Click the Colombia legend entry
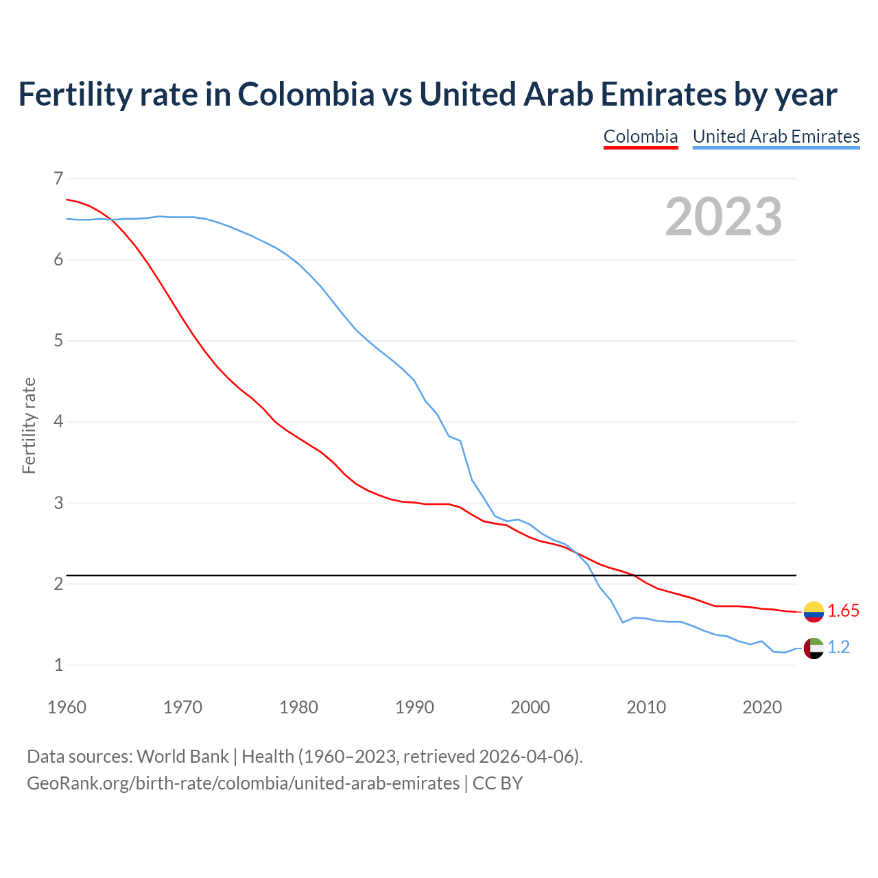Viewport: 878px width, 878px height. point(641,137)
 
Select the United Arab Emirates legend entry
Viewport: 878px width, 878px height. point(776,137)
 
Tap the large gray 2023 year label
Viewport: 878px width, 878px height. point(724,217)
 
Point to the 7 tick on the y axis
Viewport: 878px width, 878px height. point(58,179)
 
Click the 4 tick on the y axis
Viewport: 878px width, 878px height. point(58,422)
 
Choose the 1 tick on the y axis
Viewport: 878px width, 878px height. point(58,665)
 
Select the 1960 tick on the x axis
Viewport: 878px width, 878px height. point(67,707)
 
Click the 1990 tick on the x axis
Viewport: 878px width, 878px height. point(414,707)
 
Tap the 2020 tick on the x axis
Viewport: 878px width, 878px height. point(762,707)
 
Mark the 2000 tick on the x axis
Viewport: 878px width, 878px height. point(530,707)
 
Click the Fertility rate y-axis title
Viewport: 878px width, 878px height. point(29,425)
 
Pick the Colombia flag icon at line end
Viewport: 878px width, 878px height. point(814,611)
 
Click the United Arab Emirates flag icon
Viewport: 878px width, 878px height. point(814,648)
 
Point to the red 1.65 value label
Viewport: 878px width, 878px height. point(843,611)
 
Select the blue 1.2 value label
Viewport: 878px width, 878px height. point(838,648)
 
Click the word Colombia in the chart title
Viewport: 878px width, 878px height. point(306,95)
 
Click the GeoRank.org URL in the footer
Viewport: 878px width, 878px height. point(243,783)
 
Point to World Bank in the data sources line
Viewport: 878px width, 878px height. point(182,757)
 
